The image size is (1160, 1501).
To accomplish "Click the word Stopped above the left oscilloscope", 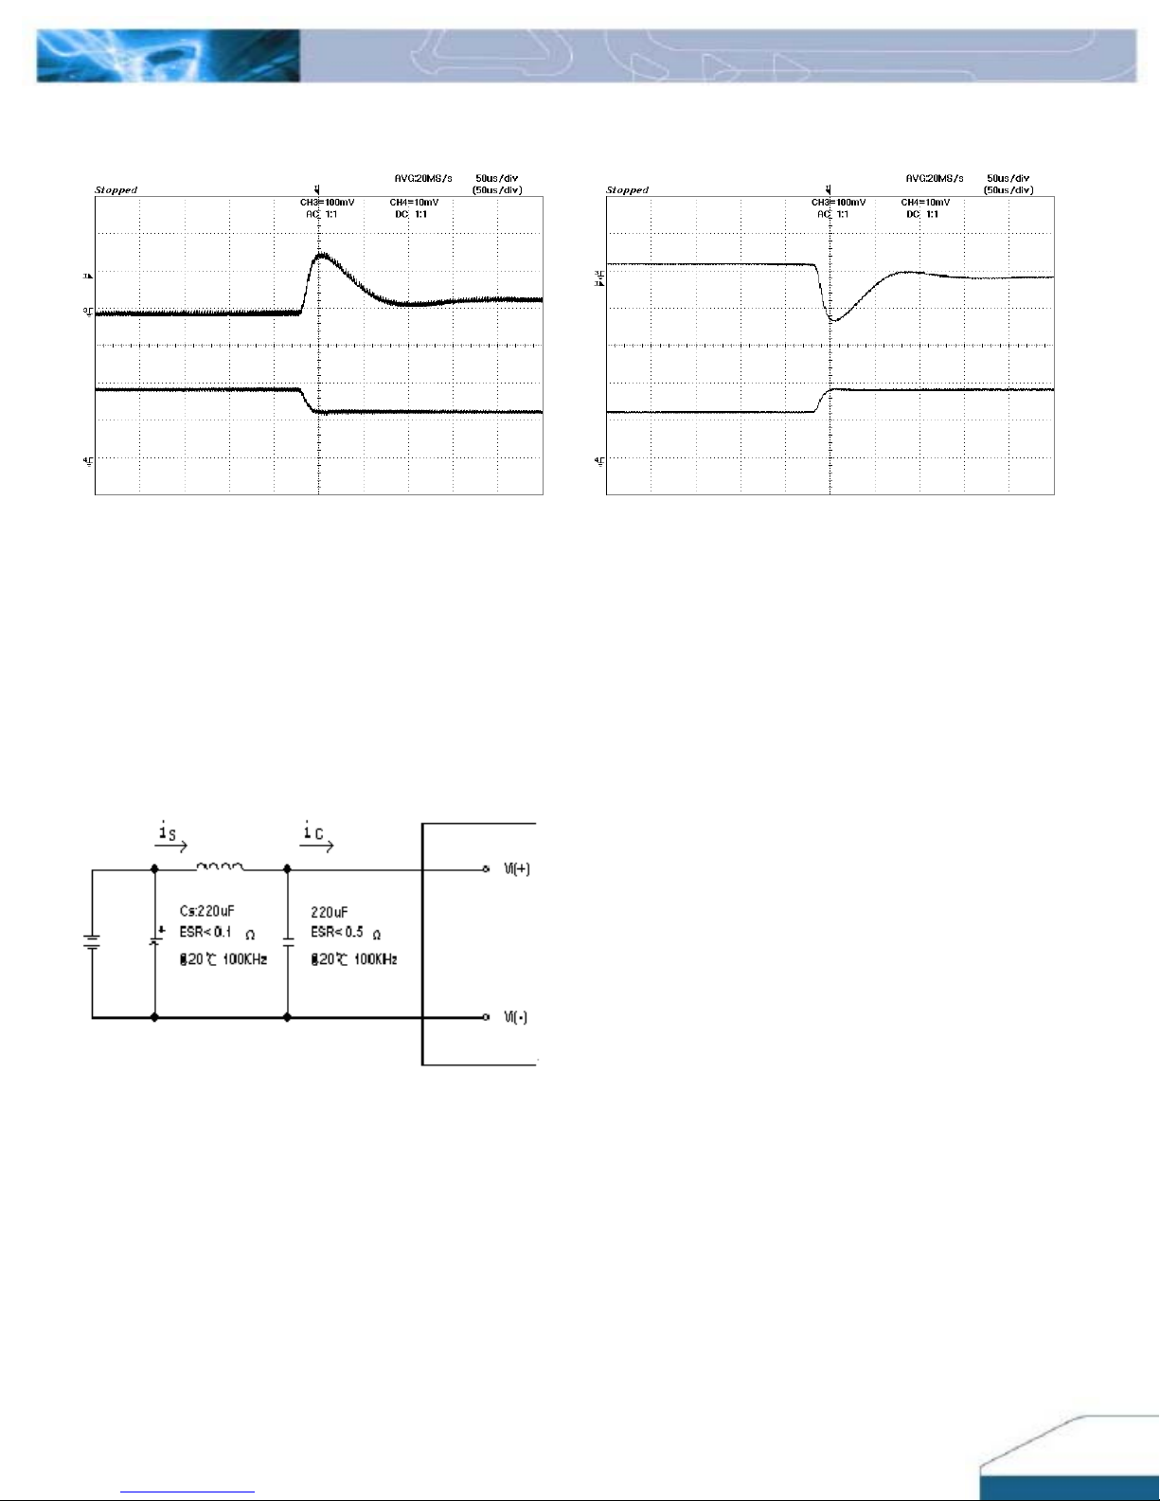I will point(116,190).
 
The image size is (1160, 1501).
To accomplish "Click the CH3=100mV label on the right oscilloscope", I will point(838,203).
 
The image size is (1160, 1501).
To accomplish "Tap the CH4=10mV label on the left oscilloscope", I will point(414,203).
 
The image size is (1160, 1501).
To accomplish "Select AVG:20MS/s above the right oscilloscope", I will point(934,178).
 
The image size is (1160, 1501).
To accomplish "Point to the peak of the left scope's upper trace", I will point(322,255).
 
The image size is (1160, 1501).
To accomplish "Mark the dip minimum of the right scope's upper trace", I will point(833,321).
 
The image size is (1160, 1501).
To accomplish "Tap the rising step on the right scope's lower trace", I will point(822,401).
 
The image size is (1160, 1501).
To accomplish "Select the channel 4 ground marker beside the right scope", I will point(598,460).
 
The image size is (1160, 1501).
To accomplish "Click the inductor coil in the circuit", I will point(220,867).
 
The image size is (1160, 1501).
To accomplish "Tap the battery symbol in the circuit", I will point(92,942).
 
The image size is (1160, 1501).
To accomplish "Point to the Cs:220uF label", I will point(206,911).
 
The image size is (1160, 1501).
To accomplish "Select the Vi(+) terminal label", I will point(517,868).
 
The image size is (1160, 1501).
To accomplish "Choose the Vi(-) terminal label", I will point(516,1017).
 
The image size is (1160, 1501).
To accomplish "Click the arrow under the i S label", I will point(171,848).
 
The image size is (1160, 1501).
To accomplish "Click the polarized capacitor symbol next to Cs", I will point(154,942).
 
